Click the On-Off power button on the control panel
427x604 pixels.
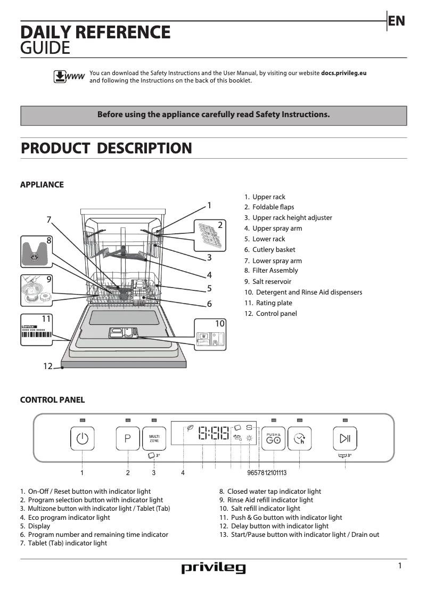pyautogui.click(x=82, y=439)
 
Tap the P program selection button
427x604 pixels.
pyautogui.click(x=128, y=439)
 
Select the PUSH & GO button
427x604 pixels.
pyautogui.click(x=273, y=439)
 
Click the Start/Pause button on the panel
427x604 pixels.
pyautogui.click(x=345, y=439)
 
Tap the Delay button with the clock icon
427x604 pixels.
pyautogui.click(x=300, y=439)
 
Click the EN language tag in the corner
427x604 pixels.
pyautogui.click(x=396, y=21)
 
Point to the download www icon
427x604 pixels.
pyautogui.click(x=69, y=77)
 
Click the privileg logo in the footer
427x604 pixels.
pyautogui.click(x=213, y=568)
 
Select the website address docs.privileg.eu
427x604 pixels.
pyautogui.click(x=344, y=73)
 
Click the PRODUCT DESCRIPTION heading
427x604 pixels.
pyautogui.click(x=106, y=148)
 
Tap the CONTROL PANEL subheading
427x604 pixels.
pyautogui.click(x=52, y=400)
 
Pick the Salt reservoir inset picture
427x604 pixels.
pyautogui.click(x=37, y=291)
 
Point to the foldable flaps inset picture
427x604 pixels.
pyautogui.click(x=209, y=235)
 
